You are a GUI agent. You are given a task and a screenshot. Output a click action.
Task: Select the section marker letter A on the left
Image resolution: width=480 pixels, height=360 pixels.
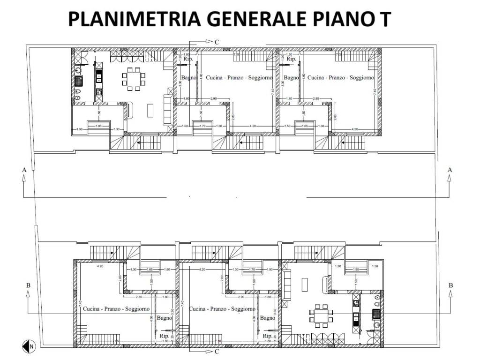pyautogui.click(x=23, y=170)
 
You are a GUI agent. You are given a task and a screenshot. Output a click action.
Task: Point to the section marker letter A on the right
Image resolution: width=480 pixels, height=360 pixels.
pyautogui.click(x=450, y=170)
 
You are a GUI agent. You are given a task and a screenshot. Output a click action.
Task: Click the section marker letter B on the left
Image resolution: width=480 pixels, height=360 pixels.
pyautogui.click(x=28, y=285)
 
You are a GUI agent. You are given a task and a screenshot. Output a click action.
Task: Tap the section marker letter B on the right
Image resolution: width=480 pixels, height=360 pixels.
pyautogui.click(x=451, y=285)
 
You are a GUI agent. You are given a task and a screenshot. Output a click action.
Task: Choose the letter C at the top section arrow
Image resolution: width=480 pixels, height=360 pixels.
pyautogui.click(x=217, y=42)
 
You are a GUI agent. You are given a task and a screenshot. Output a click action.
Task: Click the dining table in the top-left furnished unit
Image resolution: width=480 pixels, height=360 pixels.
pyautogui.click(x=135, y=76)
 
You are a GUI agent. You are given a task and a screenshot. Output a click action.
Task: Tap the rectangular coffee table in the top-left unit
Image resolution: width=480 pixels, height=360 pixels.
pyautogui.click(x=150, y=110)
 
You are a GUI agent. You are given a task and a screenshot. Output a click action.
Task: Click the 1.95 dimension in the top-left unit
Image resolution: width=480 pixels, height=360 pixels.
pyautogui.click(x=99, y=126)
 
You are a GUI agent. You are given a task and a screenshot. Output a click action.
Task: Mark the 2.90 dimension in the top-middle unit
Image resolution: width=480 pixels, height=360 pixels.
pyautogui.click(x=213, y=98)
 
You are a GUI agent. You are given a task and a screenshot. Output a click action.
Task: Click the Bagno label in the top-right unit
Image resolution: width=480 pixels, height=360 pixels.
pyautogui.click(x=292, y=78)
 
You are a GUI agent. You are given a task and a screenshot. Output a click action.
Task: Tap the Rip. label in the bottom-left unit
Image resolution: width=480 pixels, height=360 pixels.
pyautogui.click(x=165, y=336)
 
